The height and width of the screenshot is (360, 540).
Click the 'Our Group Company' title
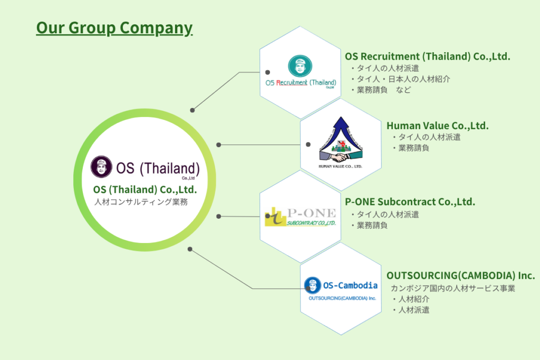point(114,27)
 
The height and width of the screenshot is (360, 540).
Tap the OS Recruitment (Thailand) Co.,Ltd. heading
point(427,56)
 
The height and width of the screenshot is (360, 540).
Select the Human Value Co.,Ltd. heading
point(437,125)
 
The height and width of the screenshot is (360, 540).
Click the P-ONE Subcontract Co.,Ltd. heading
point(410,202)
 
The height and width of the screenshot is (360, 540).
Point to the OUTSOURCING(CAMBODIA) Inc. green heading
point(460,276)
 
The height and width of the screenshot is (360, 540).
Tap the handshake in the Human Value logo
point(340,157)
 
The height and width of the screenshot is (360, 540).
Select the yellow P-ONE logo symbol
point(275,218)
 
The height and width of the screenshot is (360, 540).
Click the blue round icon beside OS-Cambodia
point(312,285)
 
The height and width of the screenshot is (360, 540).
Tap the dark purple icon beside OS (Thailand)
point(101,167)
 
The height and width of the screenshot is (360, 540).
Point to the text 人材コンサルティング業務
point(141,202)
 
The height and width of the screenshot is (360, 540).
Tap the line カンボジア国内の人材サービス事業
point(452,288)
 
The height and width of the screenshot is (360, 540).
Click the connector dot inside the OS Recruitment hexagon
point(268,72)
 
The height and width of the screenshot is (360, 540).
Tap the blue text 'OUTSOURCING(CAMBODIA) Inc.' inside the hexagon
point(342,298)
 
